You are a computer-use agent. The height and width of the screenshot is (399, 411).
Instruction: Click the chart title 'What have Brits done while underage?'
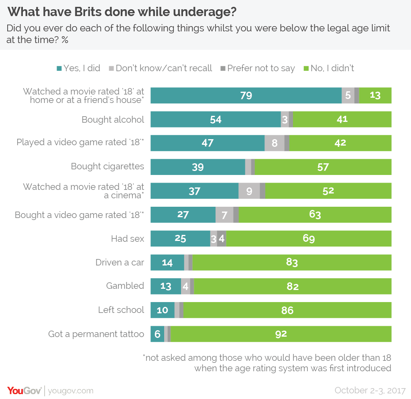click(x=122, y=12)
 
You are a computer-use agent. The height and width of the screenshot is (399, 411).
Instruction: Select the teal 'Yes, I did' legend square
click(x=59, y=68)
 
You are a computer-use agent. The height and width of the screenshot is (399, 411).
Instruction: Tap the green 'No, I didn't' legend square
click(x=306, y=68)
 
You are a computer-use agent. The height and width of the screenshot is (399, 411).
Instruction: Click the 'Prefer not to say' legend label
click(x=261, y=68)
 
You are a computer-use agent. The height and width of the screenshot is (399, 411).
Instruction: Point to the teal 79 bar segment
click(x=246, y=95)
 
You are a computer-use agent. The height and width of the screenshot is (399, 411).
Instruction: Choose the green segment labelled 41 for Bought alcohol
click(x=342, y=119)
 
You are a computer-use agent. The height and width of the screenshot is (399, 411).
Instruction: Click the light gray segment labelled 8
click(x=275, y=143)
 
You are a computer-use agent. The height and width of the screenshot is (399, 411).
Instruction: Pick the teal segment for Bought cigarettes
click(x=197, y=167)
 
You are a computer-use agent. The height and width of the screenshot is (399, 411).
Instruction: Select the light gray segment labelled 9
click(x=249, y=191)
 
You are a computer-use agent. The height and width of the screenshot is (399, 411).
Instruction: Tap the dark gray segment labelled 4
click(x=222, y=239)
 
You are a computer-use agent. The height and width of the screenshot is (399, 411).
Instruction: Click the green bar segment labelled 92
click(x=281, y=334)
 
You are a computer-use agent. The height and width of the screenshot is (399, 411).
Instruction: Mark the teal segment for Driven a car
click(x=167, y=263)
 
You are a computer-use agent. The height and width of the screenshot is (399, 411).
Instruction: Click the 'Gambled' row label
click(x=125, y=286)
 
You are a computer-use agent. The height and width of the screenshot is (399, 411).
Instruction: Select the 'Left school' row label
click(x=121, y=310)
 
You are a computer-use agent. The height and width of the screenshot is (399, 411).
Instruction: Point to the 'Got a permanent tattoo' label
click(x=96, y=334)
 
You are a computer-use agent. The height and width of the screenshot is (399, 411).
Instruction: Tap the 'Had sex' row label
click(x=127, y=239)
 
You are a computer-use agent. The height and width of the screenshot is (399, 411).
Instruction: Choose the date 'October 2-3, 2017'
click(x=370, y=390)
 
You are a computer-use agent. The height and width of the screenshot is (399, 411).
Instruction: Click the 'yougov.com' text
click(x=71, y=391)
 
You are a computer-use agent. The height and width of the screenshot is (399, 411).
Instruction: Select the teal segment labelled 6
click(x=157, y=334)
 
